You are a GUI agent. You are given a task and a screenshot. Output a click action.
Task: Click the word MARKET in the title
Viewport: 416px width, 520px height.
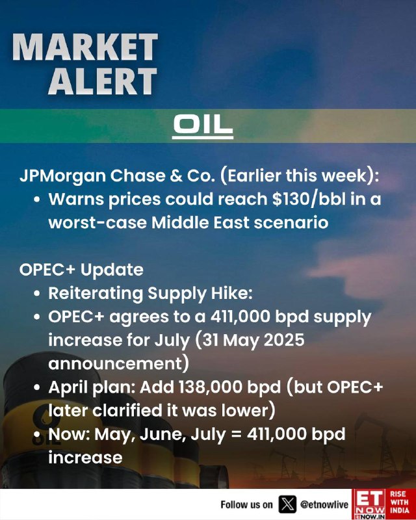85,47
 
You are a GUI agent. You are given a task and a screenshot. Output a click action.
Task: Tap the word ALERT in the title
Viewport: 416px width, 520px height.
103,81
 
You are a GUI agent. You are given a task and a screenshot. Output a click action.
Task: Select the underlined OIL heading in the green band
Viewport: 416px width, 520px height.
203,125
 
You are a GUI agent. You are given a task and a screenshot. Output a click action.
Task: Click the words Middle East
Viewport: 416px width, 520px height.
200,222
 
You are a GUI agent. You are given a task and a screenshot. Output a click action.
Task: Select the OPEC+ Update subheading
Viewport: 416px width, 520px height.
81,270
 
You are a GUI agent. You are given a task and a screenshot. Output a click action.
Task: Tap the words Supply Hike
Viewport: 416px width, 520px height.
200,294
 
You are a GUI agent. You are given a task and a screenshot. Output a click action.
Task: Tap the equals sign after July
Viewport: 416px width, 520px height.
236,435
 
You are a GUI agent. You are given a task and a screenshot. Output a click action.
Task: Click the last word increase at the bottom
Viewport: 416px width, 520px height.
85,458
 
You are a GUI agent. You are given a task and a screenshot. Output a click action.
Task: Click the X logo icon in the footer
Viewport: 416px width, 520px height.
287,504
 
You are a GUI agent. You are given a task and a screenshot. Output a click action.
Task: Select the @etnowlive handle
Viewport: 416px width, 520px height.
324,505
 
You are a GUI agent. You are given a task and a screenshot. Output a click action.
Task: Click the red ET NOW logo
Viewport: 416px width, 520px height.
369,504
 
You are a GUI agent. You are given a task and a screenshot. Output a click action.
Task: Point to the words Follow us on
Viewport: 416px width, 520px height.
246,505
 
